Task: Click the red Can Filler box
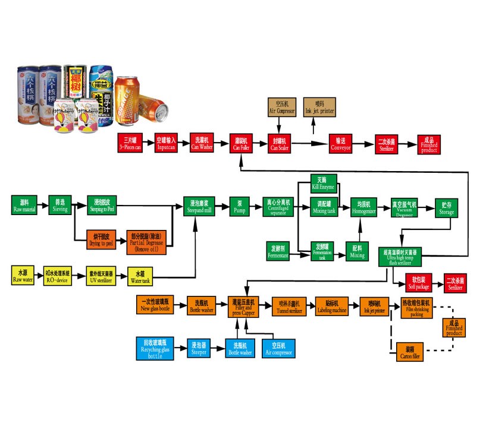pyautogui.click(x=242, y=143)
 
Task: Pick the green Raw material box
pyautogui.click(x=24, y=206)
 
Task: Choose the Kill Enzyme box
pyautogui.click(x=324, y=182)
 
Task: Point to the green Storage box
pyautogui.click(x=446, y=206)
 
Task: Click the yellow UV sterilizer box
pyautogui.click(x=100, y=276)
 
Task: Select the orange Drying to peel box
pyautogui.click(x=101, y=239)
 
